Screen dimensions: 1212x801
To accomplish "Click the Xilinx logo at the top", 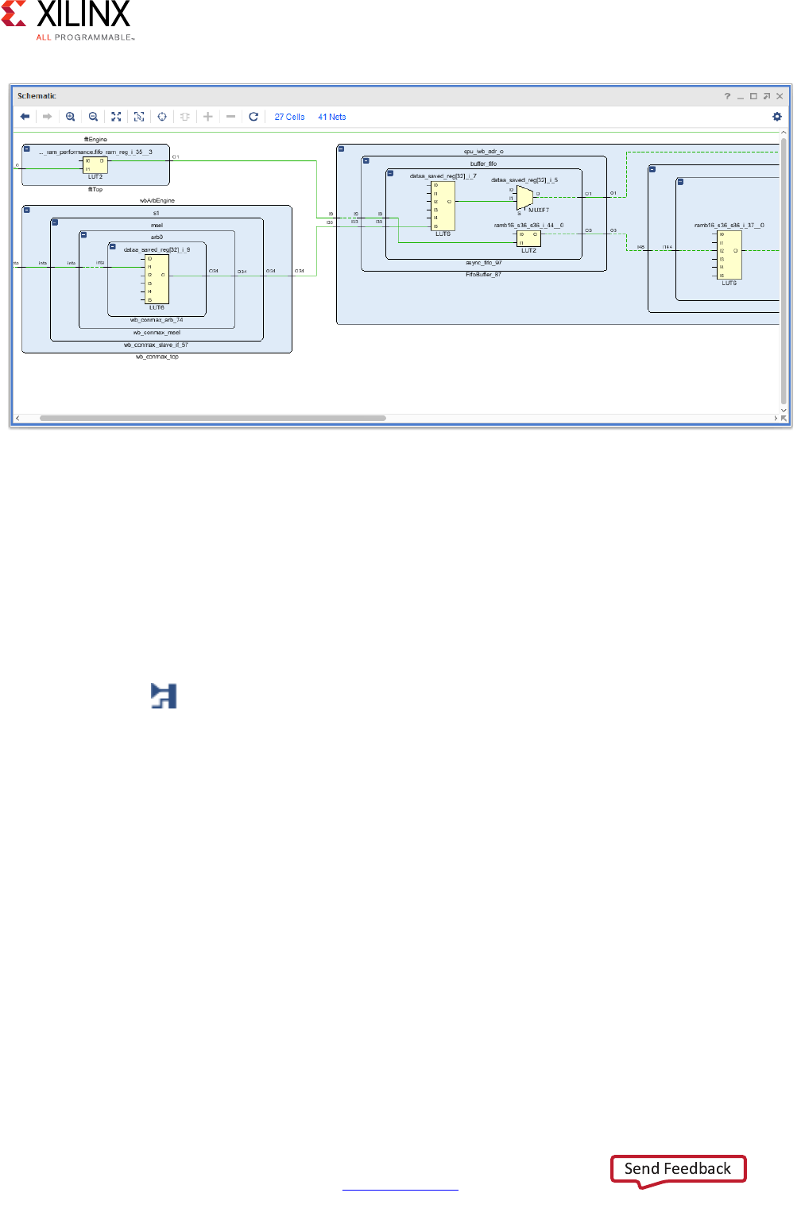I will click(x=68, y=20).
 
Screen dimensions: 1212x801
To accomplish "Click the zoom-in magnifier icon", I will click(x=71, y=117).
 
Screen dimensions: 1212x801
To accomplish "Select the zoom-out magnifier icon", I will click(x=94, y=117).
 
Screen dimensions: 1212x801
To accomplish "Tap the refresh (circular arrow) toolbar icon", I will click(x=253, y=117).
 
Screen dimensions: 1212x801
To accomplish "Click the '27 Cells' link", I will click(x=289, y=117).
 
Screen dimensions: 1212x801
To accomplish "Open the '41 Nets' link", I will click(x=331, y=117).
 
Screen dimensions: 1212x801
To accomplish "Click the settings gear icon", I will click(x=777, y=117).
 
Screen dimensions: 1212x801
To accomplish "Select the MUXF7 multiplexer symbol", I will click(x=524, y=198).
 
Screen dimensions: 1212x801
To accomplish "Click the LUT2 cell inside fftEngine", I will click(x=95, y=165).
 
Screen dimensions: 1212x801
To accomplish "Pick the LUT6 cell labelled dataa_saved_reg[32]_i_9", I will click(x=157, y=279).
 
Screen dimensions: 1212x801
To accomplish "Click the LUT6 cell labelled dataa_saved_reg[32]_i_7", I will click(x=443, y=206).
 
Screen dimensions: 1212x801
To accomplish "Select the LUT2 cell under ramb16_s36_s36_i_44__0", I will click(x=528, y=238).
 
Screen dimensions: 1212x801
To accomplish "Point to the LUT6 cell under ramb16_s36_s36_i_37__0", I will click(x=729, y=254).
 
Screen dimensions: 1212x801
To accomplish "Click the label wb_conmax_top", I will click(x=157, y=357).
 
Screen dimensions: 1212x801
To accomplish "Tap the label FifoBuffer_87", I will click(x=483, y=274).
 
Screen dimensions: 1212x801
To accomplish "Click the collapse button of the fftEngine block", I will click(x=27, y=149).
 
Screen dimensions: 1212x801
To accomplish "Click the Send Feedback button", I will click(x=678, y=1168).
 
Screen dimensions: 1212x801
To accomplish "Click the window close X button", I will click(x=780, y=96).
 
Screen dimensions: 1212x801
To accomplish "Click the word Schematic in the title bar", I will click(x=37, y=96).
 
